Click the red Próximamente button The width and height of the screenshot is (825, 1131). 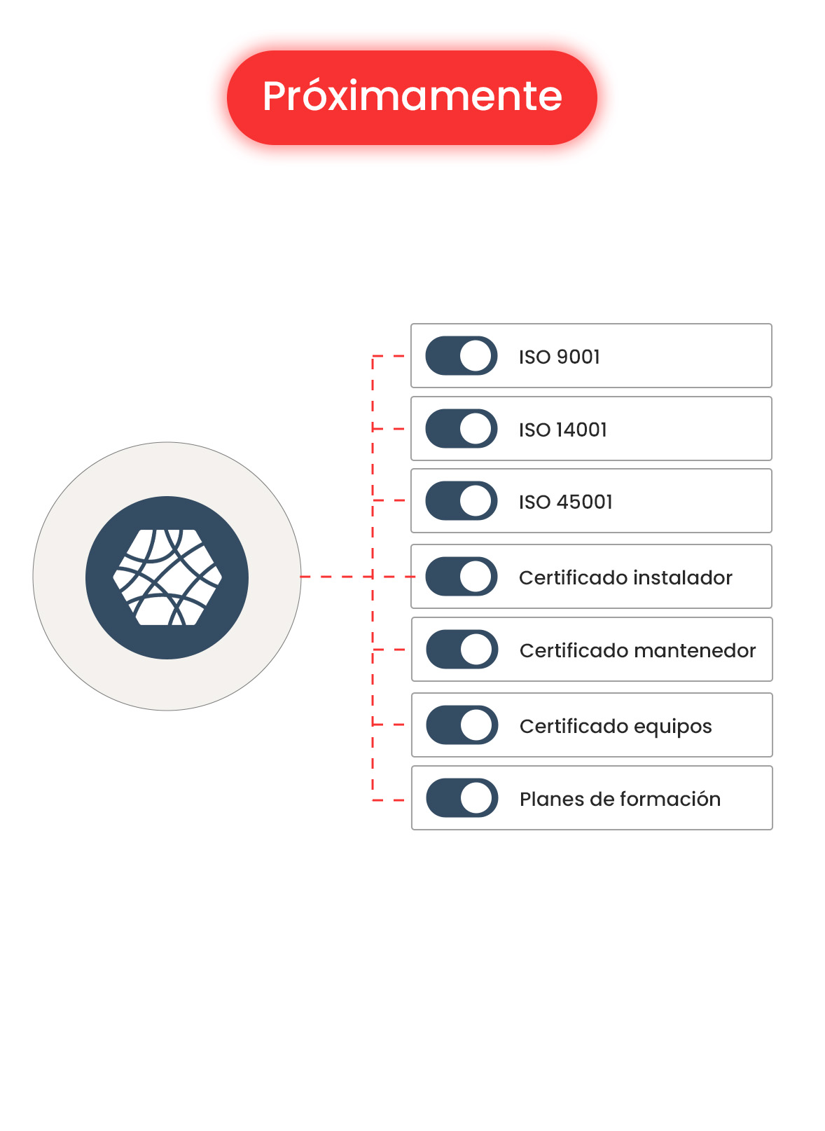(x=412, y=97)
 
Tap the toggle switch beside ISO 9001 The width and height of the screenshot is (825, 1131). (x=462, y=356)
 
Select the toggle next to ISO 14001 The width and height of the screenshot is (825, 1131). (x=462, y=429)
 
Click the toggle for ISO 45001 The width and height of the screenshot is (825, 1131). (x=462, y=501)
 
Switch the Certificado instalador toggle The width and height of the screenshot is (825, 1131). (x=462, y=577)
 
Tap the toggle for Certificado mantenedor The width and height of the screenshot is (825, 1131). (x=462, y=650)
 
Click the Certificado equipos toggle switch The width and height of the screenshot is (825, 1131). (x=462, y=725)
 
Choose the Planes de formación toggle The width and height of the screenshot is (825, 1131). (x=462, y=798)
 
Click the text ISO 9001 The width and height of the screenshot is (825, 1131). (x=559, y=357)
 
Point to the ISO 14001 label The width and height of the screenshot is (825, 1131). (x=562, y=430)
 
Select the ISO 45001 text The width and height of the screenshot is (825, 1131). (x=565, y=502)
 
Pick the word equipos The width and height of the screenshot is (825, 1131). (x=672, y=727)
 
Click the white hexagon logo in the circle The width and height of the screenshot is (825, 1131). (x=167, y=577)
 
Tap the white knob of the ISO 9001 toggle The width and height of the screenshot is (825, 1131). (x=476, y=356)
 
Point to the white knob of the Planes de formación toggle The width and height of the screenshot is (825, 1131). (x=476, y=798)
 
